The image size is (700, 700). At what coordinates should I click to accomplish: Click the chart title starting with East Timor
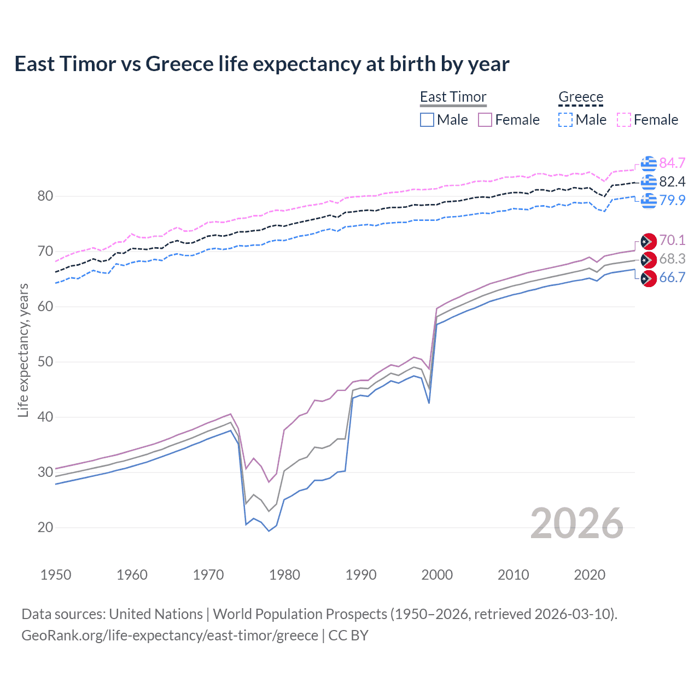(x=261, y=64)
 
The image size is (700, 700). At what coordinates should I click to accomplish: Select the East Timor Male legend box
(x=427, y=120)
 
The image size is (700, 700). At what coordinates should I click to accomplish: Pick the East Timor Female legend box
(x=485, y=120)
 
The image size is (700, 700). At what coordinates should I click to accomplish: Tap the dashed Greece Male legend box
(x=565, y=120)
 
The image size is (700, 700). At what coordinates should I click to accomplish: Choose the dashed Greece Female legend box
(x=624, y=120)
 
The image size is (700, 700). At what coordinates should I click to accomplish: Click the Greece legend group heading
(x=580, y=97)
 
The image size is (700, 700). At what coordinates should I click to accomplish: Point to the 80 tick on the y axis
(x=45, y=196)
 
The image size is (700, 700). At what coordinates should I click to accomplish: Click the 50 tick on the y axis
(x=45, y=361)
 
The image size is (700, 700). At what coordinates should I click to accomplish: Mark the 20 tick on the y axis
(x=45, y=527)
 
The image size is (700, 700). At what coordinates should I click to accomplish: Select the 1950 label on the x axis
(x=56, y=575)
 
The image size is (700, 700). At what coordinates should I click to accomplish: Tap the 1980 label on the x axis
(x=284, y=575)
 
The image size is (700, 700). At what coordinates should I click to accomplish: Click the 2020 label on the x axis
(x=590, y=575)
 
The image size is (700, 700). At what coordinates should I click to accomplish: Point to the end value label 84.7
(x=672, y=163)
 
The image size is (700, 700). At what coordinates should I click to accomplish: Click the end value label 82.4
(x=672, y=182)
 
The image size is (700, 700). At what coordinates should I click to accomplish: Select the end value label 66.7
(x=672, y=277)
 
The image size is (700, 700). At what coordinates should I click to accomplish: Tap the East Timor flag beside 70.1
(x=649, y=241)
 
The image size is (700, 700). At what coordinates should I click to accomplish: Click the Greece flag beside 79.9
(x=649, y=200)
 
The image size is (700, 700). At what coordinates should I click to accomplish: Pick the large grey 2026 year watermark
(x=577, y=523)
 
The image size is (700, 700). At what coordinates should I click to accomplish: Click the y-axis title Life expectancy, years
(x=23, y=350)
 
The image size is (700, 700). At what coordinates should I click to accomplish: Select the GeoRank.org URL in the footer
(x=170, y=635)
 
